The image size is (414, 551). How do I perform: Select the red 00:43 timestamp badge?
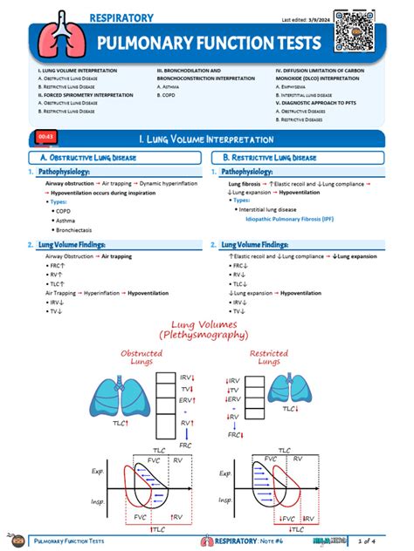pyautogui.click(x=46, y=137)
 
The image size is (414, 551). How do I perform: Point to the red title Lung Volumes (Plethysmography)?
pyautogui.click(x=206, y=329)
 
